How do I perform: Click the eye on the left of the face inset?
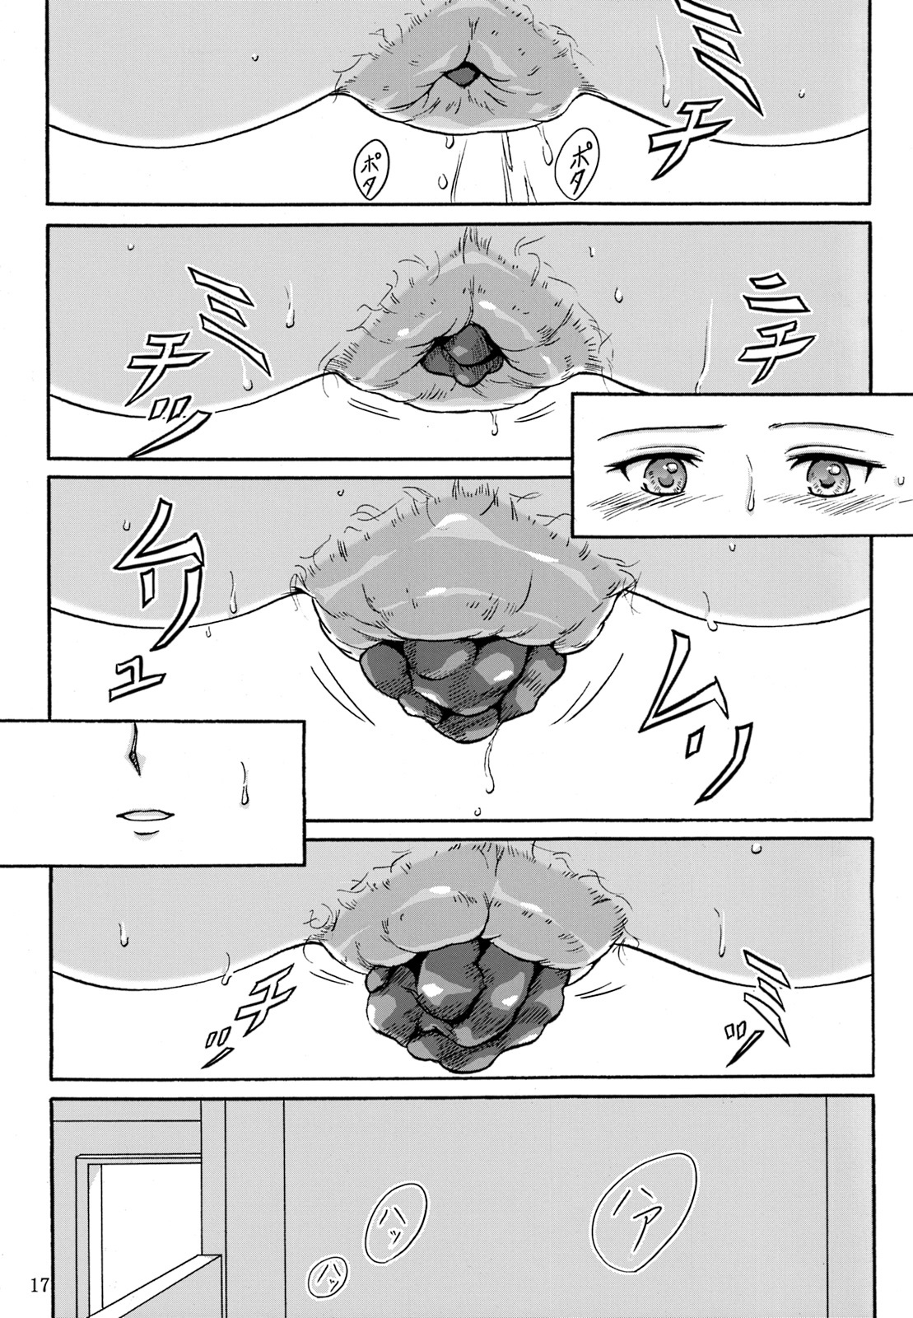pyautogui.click(x=661, y=474)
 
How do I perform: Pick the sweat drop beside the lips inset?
pyautogui.click(x=245, y=782)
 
